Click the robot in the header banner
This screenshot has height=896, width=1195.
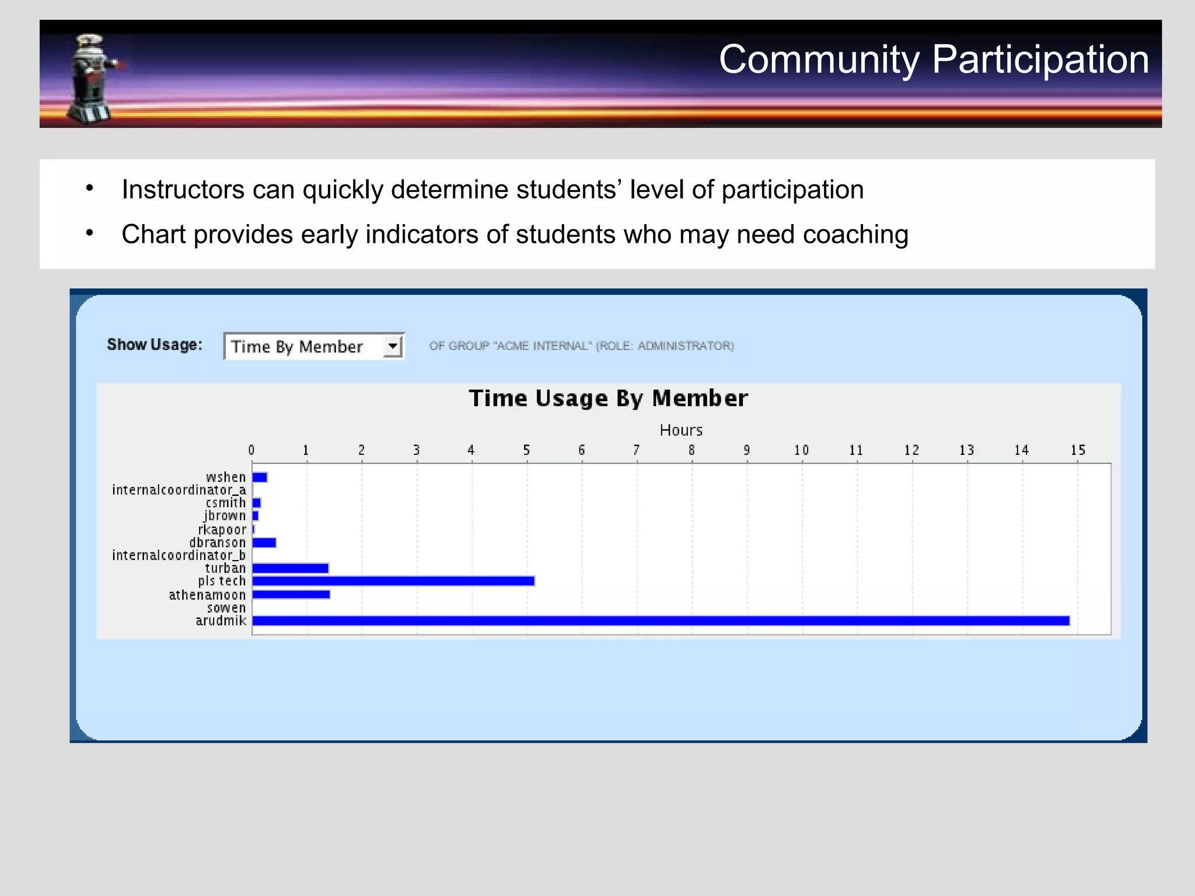[92, 79]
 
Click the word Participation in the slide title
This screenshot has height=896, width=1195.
[1040, 60]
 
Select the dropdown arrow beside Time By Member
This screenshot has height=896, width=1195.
[393, 346]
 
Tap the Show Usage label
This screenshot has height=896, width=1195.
[155, 345]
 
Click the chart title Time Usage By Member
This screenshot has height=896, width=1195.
[608, 398]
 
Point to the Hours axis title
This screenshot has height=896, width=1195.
[681, 430]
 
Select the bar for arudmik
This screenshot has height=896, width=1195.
[661, 621]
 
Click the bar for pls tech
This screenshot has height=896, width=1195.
[393, 581]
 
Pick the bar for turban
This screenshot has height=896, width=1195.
[291, 568]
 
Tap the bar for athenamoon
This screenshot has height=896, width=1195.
[291, 594]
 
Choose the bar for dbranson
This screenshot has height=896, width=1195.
[264, 542]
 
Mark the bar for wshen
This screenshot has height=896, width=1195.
[260, 477]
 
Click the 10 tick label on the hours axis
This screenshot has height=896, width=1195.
[801, 450]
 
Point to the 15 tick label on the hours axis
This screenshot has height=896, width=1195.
[1078, 450]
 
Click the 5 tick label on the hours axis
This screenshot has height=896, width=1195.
[526, 450]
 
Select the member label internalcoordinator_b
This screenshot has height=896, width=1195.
[179, 555]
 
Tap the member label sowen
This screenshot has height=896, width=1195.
[226, 608]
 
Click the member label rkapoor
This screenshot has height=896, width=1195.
[222, 530]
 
